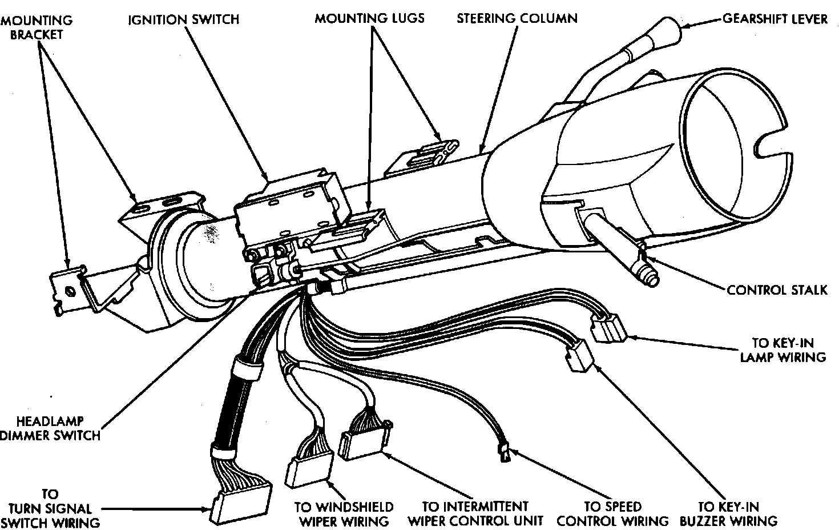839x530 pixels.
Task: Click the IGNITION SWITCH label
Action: click(183, 19)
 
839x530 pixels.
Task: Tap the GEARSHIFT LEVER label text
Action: click(775, 19)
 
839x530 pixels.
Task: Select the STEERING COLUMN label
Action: click(517, 18)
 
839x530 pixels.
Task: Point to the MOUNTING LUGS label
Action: click(369, 18)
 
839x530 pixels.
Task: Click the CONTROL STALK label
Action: click(777, 290)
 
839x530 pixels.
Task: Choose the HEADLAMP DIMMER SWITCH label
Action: click(50, 428)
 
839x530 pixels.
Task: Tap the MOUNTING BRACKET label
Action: click(37, 27)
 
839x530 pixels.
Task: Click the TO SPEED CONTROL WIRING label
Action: click(612, 513)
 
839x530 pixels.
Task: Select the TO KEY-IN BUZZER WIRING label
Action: click(737, 513)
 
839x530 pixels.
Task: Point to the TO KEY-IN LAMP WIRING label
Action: click(782, 350)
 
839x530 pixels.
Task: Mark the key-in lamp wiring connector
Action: click(608, 330)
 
